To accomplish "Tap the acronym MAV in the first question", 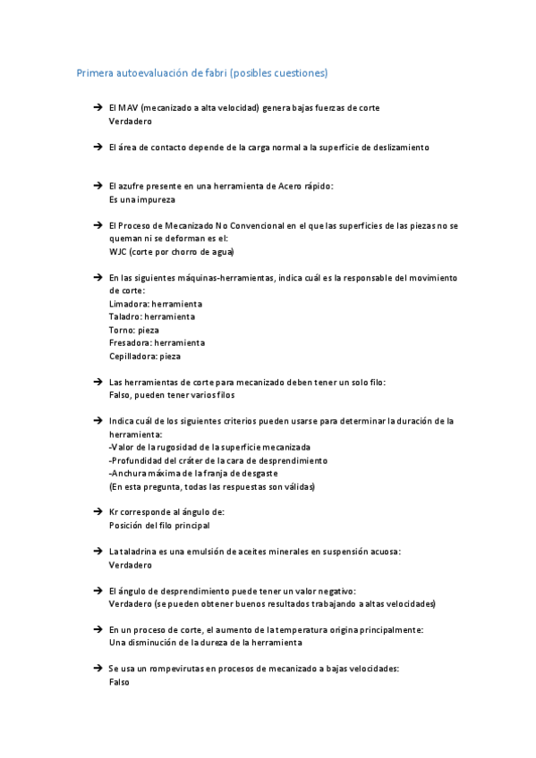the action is point(129,108).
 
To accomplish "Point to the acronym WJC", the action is point(119,252).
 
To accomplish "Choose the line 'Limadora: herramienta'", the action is point(155,304).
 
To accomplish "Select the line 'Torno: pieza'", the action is point(133,330).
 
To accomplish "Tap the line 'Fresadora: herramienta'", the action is point(157,342).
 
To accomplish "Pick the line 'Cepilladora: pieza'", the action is point(144,356).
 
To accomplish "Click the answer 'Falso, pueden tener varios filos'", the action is point(172,395).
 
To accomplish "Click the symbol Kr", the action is point(114,512).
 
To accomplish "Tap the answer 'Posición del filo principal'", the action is point(159,526).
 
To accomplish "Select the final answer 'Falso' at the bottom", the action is point(119,682).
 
